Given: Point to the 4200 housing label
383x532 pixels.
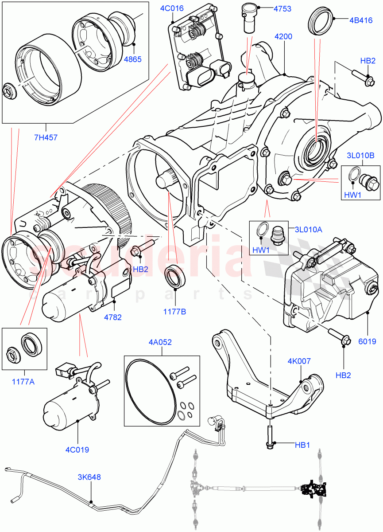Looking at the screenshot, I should pyautogui.click(x=283, y=37).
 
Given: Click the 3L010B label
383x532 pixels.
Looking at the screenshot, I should pyautogui.click(x=360, y=156).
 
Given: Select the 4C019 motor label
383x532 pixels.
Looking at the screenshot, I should pyautogui.click(x=77, y=450).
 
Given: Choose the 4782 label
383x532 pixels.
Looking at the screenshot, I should pyautogui.click(x=113, y=317).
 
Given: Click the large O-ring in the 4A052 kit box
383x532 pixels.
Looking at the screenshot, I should pyautogui.click(x=147, y=390).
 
